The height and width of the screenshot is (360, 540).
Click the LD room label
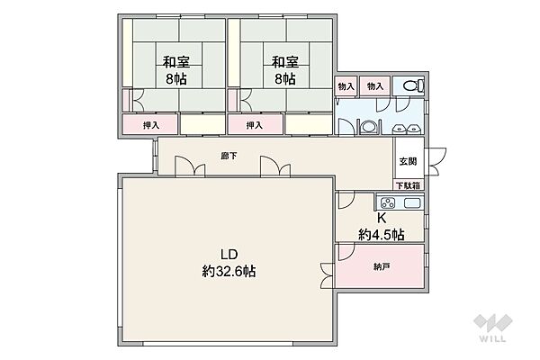(x=229, y=255)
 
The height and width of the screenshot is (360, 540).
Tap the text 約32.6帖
(x=229, y=272)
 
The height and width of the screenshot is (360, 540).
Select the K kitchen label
(x=382, y=218)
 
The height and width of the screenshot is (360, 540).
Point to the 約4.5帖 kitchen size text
(x=382, y=235)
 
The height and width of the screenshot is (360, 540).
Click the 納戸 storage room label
(x=382, y=266)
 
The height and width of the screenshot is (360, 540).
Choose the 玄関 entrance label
(x=408, y=161)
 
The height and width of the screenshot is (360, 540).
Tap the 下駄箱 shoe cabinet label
(x=408, y=185)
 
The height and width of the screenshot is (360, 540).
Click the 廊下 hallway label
(x=229, y=156)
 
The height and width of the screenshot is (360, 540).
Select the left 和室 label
(x=176, y=62)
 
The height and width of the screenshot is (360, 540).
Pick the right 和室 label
(x=284, y=62)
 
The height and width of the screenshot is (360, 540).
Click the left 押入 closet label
(x=151, y=125)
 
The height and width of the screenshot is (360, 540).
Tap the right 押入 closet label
(x=255, y=125)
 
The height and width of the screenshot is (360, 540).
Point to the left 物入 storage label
(x=346, y=86)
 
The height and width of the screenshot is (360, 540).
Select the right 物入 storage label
(x=375, y=86)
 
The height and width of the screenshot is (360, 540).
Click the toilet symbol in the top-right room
(x=414, y=85)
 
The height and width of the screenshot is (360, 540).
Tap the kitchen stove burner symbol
(x=388, y=202)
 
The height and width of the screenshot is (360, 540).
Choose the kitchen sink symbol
(x=412, y=203)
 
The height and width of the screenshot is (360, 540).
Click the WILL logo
(x=493, y=328)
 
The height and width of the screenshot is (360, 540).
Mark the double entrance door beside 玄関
(x=436, y=162)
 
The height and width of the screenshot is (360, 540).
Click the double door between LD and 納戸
(x=328, y=276)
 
